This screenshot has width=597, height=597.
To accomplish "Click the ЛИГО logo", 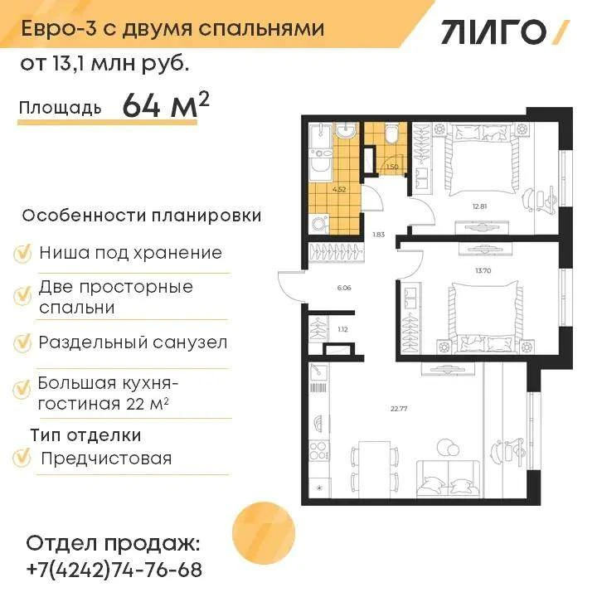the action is [x=505, y=32].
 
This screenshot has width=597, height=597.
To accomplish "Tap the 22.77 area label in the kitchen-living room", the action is [x=399, y=409].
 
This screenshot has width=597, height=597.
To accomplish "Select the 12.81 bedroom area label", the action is [x=480, y=206].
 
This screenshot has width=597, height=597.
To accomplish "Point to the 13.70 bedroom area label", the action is [x=483, y=270].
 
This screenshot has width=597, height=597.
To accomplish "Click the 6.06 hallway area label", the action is [x=344, y=288].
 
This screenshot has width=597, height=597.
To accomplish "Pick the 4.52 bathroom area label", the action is [x=338, y=189].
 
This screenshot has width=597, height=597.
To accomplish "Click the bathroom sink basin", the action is [x=345, y=131].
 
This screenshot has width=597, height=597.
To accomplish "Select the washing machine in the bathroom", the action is [x=319, y=224].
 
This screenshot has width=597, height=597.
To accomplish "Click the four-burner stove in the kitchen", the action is [x=319, y=450].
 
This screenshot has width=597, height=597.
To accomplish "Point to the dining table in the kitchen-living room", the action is [x=374, y=469].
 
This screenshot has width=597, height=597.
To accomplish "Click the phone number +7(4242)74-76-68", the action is [x=114, y=570].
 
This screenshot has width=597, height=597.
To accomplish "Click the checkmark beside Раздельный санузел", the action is [x=22, y=342].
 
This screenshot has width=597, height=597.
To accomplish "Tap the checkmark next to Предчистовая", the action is [x=22, y=458].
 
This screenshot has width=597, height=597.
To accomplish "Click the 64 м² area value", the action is [x=166, y=105].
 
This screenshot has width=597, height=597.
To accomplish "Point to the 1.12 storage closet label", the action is [x=342, y=330].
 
